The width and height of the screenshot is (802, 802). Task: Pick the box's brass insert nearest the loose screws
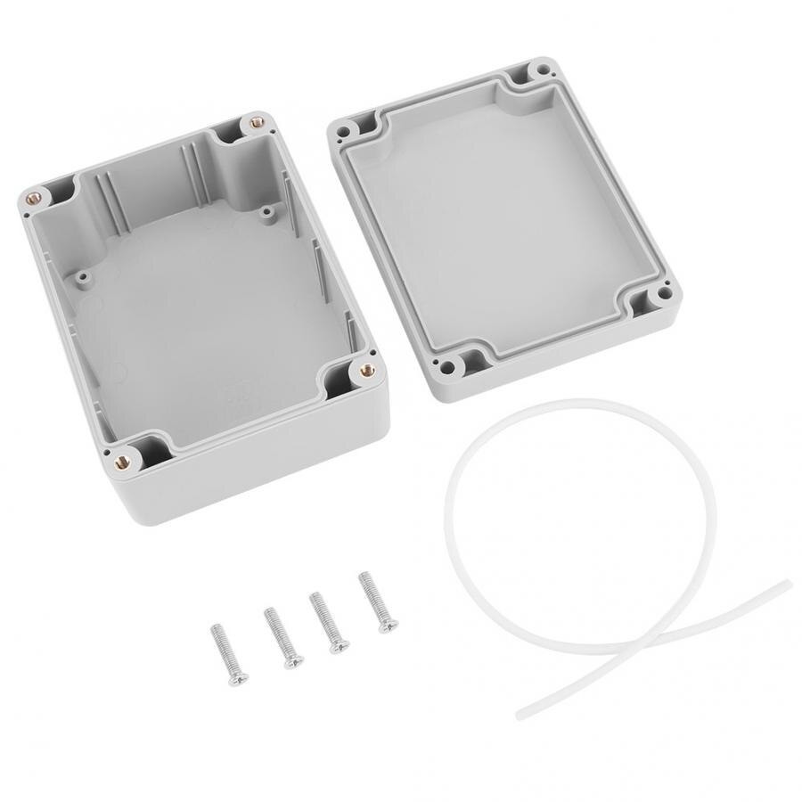click(x=121, y=460)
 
